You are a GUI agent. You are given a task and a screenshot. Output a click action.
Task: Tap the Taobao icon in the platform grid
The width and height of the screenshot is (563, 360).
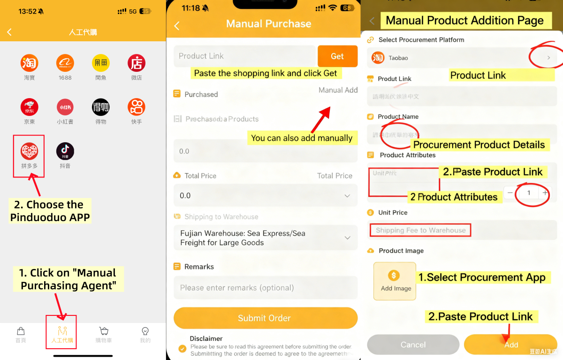click(29, 63)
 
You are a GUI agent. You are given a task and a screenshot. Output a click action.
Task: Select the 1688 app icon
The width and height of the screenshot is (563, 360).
click(65, 63)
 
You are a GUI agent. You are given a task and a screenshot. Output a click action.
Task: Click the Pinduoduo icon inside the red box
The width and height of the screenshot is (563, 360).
click(29, 151)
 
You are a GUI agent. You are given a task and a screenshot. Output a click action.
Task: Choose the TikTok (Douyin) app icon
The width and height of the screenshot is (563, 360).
click(65, 151)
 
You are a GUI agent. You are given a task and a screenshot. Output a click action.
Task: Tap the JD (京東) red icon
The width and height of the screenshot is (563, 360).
click(29, 107)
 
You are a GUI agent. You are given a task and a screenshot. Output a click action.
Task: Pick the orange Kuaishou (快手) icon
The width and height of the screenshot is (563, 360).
click(136, 107)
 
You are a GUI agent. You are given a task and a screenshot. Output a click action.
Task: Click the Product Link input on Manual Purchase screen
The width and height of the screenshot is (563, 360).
click(244, 56)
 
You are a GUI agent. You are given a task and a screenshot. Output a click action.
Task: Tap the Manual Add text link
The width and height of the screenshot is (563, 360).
click(338, 90)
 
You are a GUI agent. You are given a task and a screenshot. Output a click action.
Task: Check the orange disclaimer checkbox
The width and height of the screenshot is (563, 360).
click(182, 348)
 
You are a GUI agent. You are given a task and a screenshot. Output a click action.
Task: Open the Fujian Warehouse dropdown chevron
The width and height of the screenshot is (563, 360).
click(347, 238)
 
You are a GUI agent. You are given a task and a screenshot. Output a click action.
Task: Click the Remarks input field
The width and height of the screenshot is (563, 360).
click(265, 288)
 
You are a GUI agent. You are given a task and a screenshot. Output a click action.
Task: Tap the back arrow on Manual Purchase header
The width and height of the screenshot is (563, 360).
click(177, 26)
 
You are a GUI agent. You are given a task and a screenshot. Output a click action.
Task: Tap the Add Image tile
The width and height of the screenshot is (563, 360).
click(395, 281)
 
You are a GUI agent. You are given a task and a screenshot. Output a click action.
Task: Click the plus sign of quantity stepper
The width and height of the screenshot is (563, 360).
click(545, 193)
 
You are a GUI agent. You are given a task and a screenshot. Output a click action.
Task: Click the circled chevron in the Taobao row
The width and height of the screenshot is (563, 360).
click(548, 58)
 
